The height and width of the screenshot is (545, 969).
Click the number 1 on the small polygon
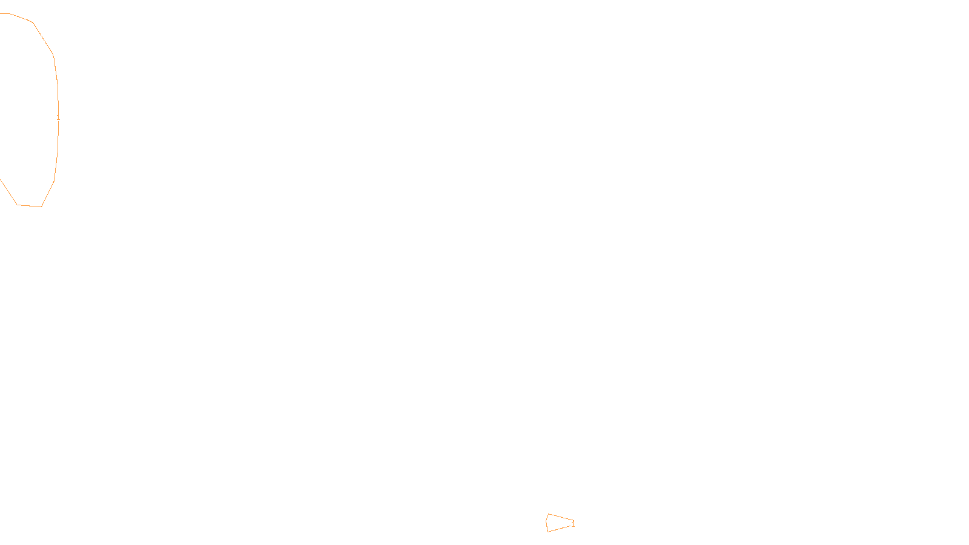[573, 524]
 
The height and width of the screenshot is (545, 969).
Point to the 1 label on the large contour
[58, 117]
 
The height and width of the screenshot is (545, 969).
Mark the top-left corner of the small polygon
[548, 514]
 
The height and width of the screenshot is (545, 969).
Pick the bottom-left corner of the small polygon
[547, 532]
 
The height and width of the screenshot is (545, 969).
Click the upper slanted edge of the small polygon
[561, 517]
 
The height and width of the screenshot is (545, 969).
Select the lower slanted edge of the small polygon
[561, 528]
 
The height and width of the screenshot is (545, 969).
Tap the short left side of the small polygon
[546, 523]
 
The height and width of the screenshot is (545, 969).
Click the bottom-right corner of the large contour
[41, 206]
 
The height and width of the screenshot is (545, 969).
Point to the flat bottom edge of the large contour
[29, 206]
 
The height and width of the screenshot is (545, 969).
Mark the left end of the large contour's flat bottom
[17, 205]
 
